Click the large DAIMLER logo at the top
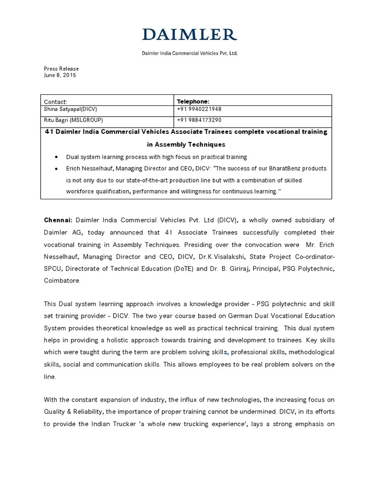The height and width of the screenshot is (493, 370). pos(189,35)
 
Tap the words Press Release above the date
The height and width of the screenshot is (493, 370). pos(61,69)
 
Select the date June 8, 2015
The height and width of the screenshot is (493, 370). pos(60,76)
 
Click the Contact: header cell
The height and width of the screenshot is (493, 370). pos(56,102)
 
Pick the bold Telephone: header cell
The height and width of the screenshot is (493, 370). pos(193,102)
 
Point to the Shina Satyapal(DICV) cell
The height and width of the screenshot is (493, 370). pos(70,109)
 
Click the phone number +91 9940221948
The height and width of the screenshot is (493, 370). pos(199,109)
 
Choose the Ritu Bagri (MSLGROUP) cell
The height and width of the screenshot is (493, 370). pos(73,120)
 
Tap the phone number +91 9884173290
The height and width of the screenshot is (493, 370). pos(199,120)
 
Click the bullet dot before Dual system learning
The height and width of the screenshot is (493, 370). pos(56,157)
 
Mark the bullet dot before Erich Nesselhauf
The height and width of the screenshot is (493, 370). pos(56,169)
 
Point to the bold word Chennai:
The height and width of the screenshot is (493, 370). pos(58,221)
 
